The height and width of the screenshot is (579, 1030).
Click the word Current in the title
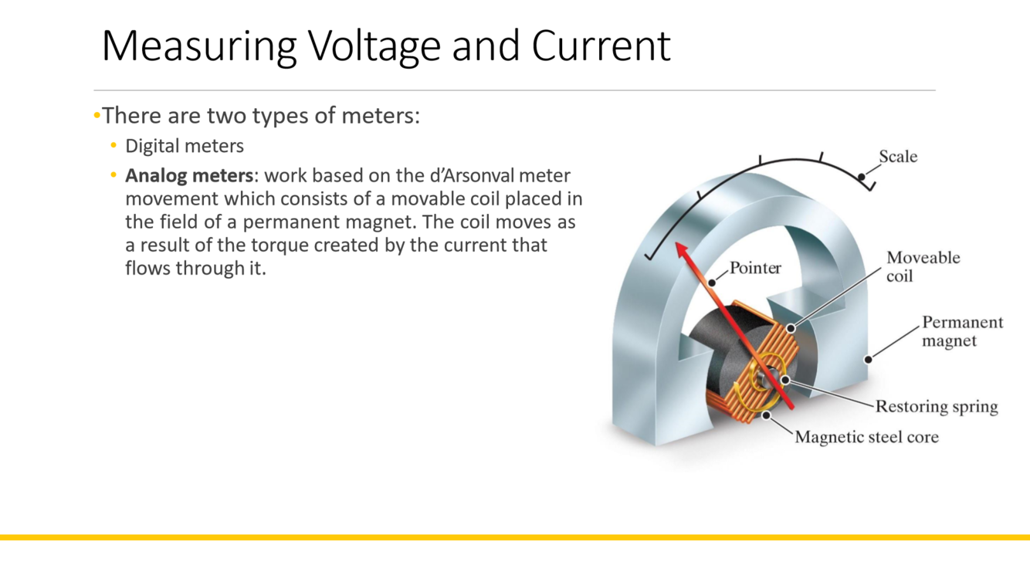[601, 46]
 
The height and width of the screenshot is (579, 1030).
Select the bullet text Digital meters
[185, 146]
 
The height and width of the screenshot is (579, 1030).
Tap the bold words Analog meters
[189, 176]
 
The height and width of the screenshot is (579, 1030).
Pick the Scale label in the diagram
[898, 157]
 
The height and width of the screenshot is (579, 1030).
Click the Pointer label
[755, 269]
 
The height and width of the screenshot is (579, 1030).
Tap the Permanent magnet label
[962, 331]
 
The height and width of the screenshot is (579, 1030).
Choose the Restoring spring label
[936, 407]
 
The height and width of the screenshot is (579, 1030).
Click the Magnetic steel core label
[866, 437]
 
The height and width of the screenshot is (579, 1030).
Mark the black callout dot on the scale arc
[862, 178]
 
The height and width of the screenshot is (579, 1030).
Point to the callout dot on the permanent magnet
[869, 359]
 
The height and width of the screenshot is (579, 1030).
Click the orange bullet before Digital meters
[114, 146]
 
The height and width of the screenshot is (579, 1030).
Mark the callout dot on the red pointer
[712, 283]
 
